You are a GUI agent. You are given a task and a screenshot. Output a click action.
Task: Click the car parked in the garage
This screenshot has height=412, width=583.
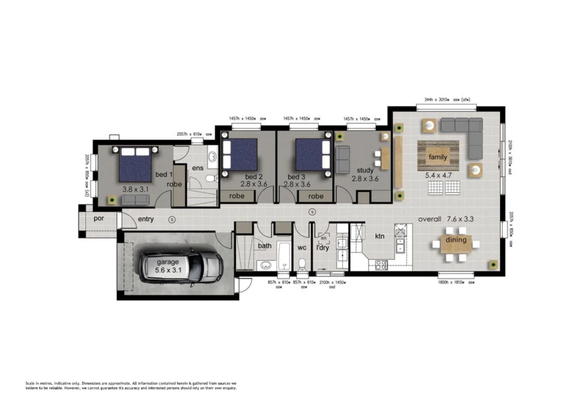181,266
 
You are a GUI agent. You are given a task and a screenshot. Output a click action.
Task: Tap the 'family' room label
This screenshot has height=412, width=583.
438,157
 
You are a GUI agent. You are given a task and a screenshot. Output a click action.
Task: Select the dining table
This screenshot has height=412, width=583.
456,243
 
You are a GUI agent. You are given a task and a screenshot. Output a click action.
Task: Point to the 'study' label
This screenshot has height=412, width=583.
365,170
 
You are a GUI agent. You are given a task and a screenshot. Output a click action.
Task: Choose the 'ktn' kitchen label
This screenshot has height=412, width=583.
380,236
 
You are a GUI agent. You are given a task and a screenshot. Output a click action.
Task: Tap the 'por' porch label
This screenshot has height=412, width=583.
99,219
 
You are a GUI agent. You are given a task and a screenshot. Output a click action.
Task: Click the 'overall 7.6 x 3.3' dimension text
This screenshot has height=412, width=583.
446,219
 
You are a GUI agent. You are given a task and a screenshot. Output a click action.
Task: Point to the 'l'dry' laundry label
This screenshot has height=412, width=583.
323,248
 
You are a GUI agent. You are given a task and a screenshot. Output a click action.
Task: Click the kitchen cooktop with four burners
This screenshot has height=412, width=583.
381,264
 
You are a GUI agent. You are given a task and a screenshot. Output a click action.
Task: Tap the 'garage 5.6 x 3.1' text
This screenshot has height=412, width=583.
168,266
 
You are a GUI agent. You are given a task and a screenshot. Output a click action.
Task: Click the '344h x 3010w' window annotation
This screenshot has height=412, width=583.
447,100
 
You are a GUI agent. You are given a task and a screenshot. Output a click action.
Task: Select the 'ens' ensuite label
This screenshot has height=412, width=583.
197,168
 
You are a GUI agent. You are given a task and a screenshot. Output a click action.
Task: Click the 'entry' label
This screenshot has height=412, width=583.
145,219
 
